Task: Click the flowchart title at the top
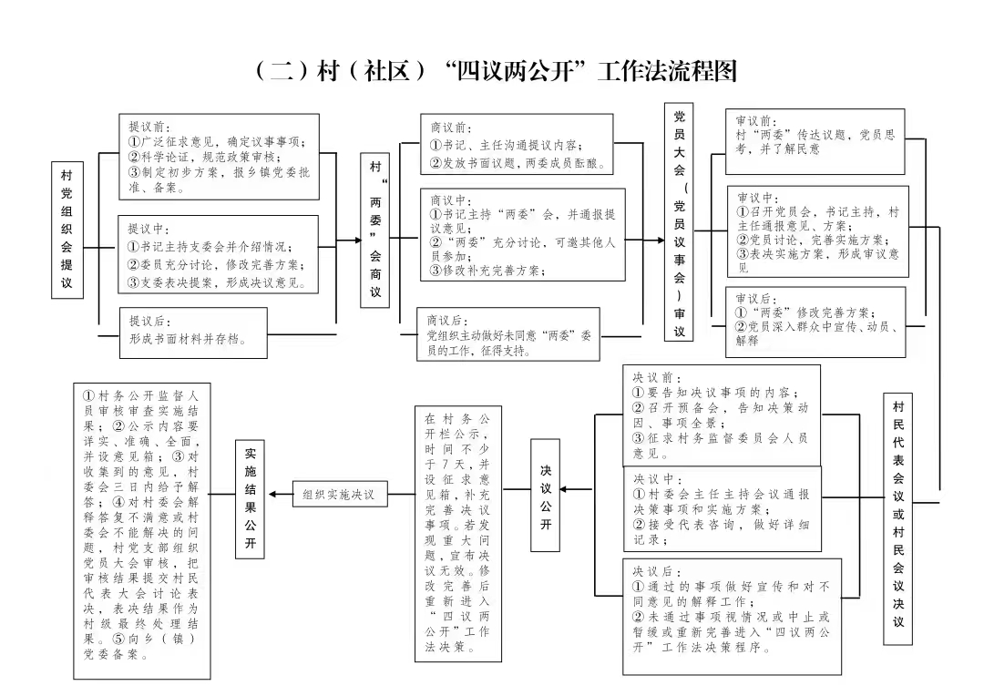pos(496,71)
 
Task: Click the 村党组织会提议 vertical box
pos(67,229)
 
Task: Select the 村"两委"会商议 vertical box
pos(374,230)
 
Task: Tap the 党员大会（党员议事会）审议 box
pos(679,222)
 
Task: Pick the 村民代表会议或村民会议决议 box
pos(898,519)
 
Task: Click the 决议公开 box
pos(546,496)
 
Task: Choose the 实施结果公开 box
pos(250,499)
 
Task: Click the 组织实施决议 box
pos(340,494)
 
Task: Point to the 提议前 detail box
pos(219,157)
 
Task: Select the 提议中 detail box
pos(219,254)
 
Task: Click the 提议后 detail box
pos(193,333)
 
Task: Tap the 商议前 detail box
pos(517,144)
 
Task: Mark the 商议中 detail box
pos(523,234)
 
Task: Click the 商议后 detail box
pos(508,333)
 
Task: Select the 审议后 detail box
pos(815,322)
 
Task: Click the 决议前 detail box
pos(722,415)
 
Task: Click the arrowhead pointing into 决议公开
pos(564,489)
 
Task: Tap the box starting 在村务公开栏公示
pos(458,534)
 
